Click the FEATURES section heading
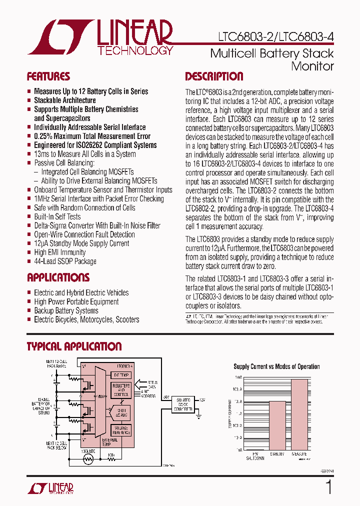click(48, 76)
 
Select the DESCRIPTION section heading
click(214, 76)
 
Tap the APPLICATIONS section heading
click(58, 277)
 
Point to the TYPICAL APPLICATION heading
click(74, 346)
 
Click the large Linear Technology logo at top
click(100, 37)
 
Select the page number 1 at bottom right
click(328, 487)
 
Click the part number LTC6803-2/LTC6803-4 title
click(275, 36)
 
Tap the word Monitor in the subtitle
click(312, 65)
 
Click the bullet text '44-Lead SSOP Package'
click(65, 261)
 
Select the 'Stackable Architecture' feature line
click(64, 100)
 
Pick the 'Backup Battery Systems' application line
click(66, 310)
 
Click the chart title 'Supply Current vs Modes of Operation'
click(276, 366)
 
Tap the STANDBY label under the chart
click(277, 454)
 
